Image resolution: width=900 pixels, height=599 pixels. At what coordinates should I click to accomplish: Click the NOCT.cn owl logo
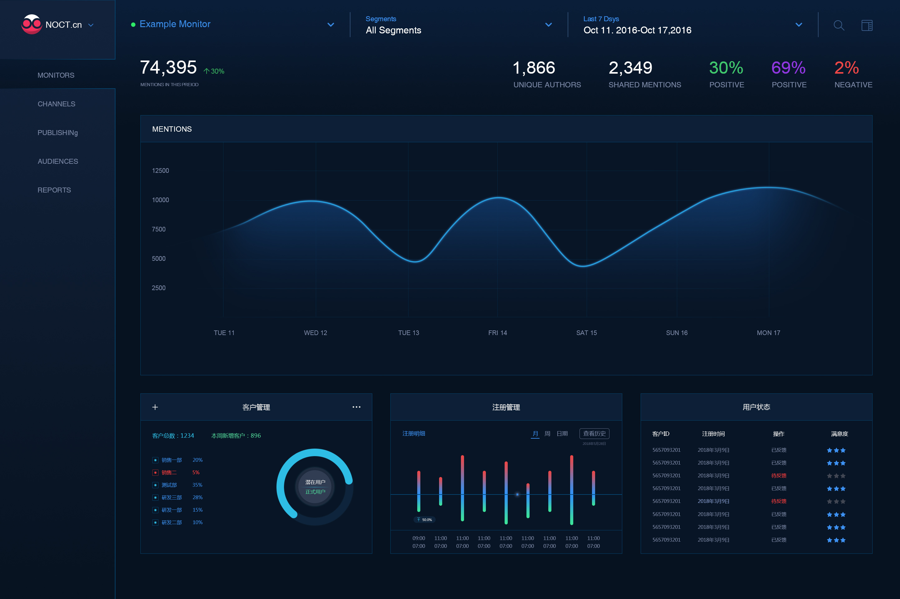tap(31, 24)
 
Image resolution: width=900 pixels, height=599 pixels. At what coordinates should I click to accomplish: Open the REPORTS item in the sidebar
tap(54, 190)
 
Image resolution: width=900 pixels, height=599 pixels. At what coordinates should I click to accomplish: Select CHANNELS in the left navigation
tap(56, 104)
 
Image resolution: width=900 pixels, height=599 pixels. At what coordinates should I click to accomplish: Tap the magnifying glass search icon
tap(839, 25)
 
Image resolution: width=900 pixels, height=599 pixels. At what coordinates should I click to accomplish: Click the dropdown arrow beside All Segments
tap(548, 25)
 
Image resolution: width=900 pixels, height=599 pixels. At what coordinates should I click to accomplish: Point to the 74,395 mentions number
tap(169, 68)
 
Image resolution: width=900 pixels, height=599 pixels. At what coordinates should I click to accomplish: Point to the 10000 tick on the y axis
tap(160, 200)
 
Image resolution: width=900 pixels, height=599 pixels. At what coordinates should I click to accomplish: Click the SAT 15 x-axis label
tap(586, 333)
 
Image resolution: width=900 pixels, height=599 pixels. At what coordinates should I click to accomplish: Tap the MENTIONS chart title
tap(172, 129)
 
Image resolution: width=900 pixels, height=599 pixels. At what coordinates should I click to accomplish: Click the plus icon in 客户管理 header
tap(155, 407)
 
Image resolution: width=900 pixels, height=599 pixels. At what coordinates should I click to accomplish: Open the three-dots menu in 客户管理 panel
tap(356, 407)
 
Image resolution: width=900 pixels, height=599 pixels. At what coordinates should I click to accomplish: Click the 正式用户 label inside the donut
tap(315, 492)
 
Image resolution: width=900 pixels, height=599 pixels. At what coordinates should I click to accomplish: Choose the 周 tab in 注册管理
tap(547, 434)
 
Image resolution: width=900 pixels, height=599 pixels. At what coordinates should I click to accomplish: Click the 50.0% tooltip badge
tap(425, 519)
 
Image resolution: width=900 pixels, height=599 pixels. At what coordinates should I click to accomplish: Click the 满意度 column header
tap(839, 434)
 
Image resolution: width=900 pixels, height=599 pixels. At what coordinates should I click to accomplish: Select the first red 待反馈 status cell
tap(779, 475)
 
